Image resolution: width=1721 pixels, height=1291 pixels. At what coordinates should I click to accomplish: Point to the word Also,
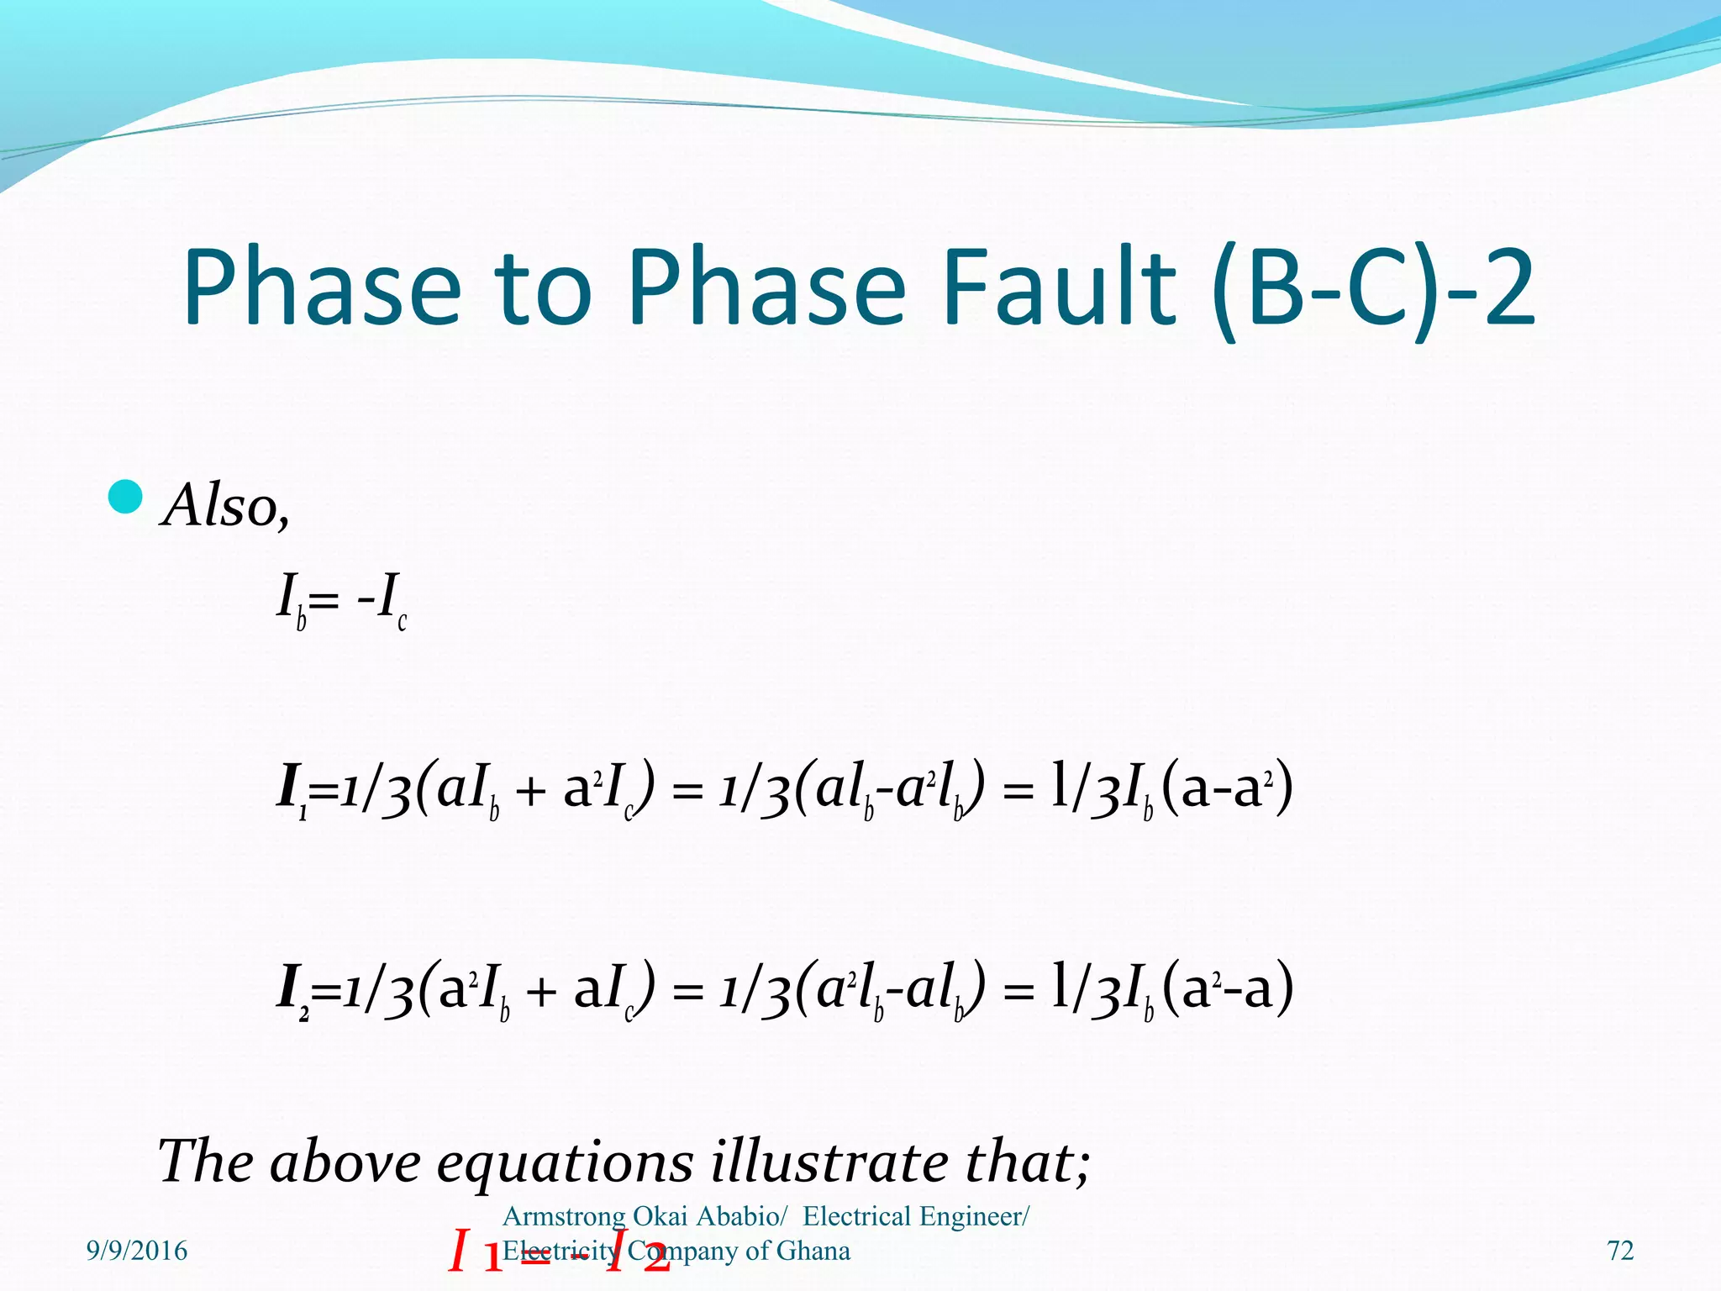pyautogui.click(x=226, y=506)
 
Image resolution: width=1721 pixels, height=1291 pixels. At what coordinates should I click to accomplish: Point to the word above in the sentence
pyautogui.click(x=345, y=1162)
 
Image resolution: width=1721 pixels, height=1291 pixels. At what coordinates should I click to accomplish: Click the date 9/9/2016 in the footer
pyautogui.click(x=137, y=1251)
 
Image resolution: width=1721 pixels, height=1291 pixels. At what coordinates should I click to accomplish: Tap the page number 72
pyautogui.click(x=1620, y=1251)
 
